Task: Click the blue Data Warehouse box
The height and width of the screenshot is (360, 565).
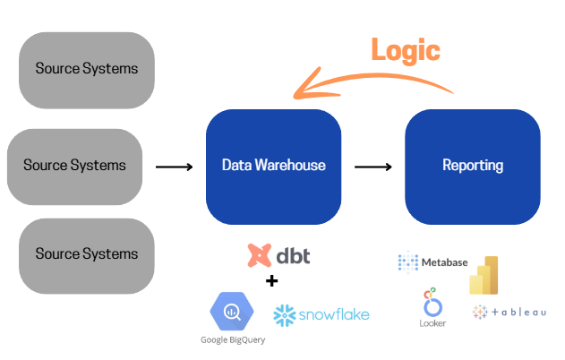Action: [273, 166]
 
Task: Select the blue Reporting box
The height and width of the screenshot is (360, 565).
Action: [472, 166]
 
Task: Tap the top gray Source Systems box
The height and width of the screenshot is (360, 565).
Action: [87, 70]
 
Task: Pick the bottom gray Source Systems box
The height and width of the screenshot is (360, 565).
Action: [87, 255]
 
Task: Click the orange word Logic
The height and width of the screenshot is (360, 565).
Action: [407, 50]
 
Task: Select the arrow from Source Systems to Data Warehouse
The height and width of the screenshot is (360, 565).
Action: [174, 167]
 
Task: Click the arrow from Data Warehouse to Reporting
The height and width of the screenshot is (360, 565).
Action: [372, 167]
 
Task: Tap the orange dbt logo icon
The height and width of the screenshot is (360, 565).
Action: [260, 255]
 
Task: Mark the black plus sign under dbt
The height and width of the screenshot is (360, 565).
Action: [272, 281]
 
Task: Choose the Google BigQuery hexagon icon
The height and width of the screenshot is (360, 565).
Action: [232, 312]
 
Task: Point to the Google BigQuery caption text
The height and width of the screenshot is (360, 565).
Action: [232, 340]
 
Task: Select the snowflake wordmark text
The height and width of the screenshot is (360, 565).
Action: [334, 314]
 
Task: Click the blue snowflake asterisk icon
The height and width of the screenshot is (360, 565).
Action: [285, 315]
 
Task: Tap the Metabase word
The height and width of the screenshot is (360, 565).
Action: [444, 262]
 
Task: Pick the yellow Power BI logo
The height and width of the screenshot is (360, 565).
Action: [484, 275]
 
